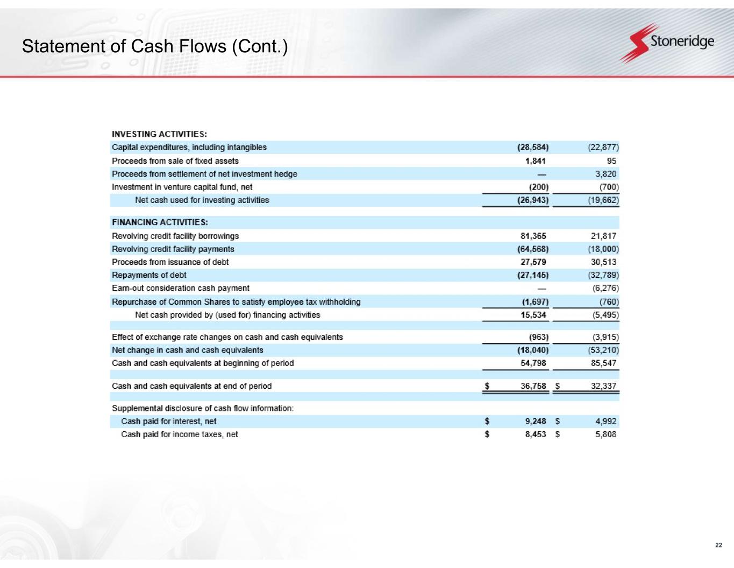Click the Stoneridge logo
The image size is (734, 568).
(667, 43)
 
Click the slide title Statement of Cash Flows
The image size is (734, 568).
(155, 47)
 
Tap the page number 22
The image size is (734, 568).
(718, 545)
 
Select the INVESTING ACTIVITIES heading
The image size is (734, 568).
(160, 134)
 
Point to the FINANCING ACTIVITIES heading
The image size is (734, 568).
(160, 222)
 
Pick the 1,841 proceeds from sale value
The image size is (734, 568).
(535, 160)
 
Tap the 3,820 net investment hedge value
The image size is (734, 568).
(606, 174)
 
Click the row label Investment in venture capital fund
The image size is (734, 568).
(182, 187)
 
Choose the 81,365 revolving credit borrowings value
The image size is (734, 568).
(533, 236)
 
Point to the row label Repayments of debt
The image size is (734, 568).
(149, 275)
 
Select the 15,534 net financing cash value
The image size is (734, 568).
(533, 314)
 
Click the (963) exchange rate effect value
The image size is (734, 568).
(539, 337)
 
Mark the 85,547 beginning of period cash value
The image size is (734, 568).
(604, 363)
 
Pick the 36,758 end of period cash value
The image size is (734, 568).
(533, 386)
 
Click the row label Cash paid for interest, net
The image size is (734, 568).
(169, 421)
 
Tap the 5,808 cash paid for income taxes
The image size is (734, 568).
(606, 434)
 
